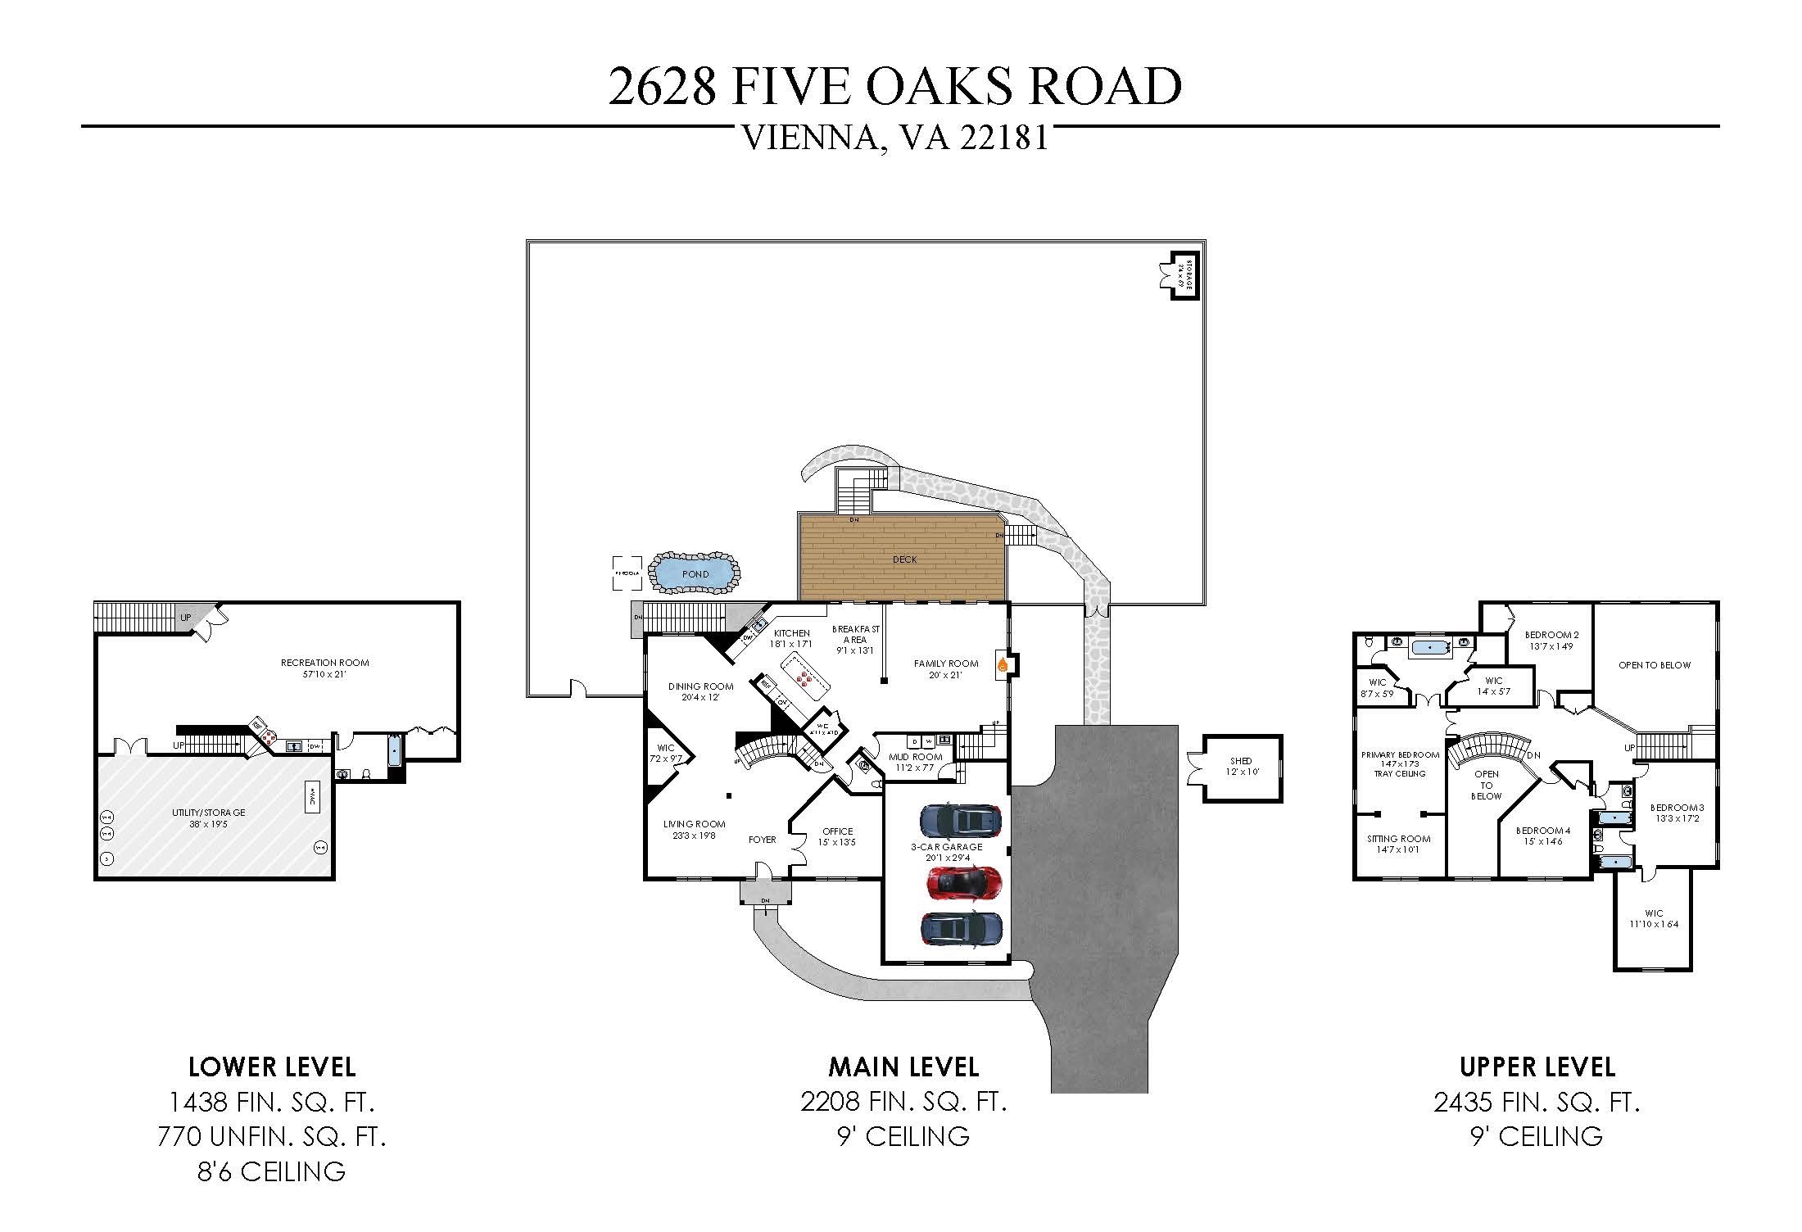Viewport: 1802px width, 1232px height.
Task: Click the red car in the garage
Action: [x=964, y=881]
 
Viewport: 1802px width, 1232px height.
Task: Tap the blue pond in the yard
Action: [x=695, y=573]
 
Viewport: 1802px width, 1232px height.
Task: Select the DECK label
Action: [x=904, y=559]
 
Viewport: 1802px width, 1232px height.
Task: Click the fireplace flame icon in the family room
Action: [x=1002, y=664]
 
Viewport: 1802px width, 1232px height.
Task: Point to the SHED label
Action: [x=1241, y=761]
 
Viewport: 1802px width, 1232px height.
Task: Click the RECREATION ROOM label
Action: [x=324, y=663]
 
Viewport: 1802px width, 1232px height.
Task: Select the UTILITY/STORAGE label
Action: [x=209, y=813]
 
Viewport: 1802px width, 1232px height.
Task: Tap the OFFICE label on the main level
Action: [x=837, y=831]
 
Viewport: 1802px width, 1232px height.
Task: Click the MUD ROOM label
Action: [x=916, y=757]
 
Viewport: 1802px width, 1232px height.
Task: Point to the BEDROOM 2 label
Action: [x=1551, y=634]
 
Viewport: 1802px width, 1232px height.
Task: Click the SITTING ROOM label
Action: [x=1398, y=838]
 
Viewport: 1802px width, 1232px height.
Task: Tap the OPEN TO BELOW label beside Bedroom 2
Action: [x=1654, y=664]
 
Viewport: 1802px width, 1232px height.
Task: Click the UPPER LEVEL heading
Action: [x=1537, y=1067]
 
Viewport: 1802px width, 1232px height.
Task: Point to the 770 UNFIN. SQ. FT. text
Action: [x=271, y=1137]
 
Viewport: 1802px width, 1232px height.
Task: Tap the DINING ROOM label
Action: [x=700, y=686]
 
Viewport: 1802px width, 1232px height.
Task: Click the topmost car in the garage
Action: [x=961, y=819]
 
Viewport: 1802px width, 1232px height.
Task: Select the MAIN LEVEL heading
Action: [x=903, y=1067]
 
